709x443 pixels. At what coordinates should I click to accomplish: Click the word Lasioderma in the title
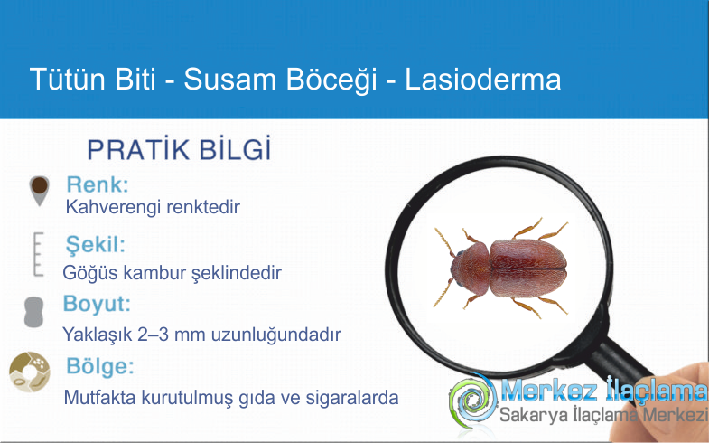coord(483,80)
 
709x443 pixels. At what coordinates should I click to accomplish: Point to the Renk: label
coord(98,184)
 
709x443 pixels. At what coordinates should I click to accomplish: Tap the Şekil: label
coord(95,245)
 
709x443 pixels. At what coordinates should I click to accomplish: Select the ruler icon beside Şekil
coord(39,254)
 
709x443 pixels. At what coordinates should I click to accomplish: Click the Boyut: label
coord(97,303)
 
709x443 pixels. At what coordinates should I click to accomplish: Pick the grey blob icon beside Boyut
coord(34,312)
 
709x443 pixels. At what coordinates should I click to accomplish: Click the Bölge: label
coord(100,366)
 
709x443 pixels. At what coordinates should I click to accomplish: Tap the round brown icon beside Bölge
coord(30,372)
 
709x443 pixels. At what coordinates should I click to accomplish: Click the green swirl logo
coord(473,401)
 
